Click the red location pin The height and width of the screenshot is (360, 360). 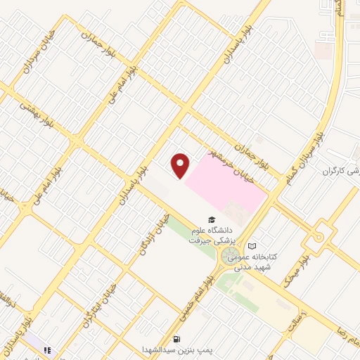coord(181,166)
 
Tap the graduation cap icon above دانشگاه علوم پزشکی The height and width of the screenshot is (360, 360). coord(212,220)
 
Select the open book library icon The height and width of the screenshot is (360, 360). coord(252,245)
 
